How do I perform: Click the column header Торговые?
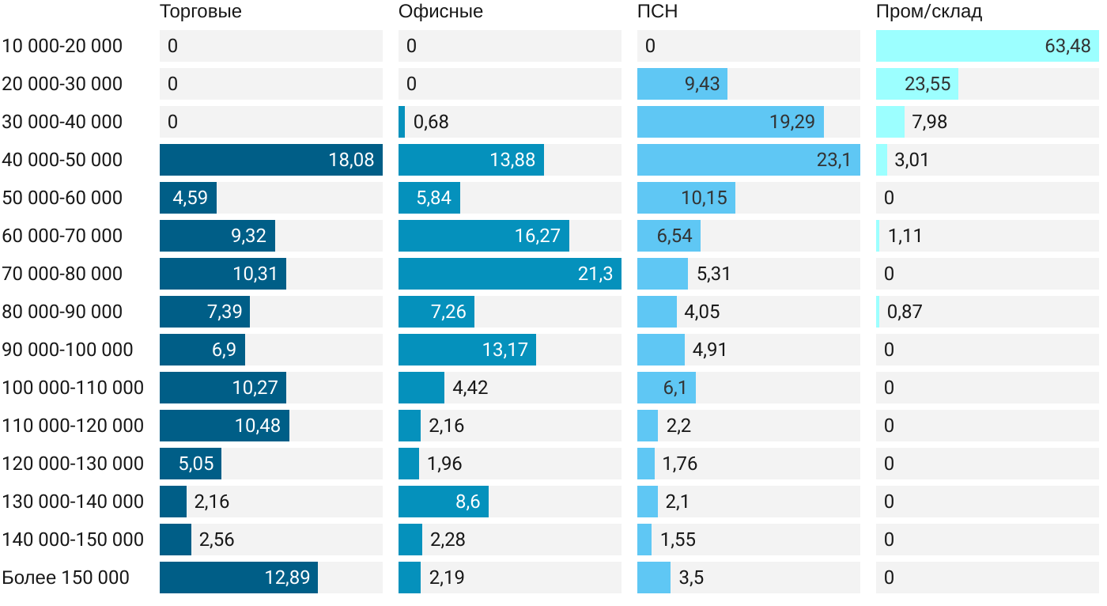(200, 12)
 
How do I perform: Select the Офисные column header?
(440, 12)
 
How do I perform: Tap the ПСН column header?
(657, 12)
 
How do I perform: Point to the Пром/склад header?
(929, 12)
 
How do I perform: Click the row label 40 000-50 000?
(62, 160)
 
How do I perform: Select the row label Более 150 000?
(66, 578)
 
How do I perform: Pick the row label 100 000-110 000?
(73, 388)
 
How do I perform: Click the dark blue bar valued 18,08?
(270, 160)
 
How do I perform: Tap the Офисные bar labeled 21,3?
(509, 274)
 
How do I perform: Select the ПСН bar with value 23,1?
(748, 160)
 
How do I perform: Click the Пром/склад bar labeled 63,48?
(987, 46)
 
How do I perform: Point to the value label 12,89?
(285, 578)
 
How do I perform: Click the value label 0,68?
(431, 122)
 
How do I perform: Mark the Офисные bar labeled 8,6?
(443, 502)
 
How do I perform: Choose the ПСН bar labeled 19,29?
(730, 122)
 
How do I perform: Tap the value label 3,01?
(911, 160)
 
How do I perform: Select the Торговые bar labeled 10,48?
(224, 426)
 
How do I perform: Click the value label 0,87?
(905, 312)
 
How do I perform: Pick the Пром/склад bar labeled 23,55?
(916, 84)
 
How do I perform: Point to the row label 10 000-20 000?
(62, 46)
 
